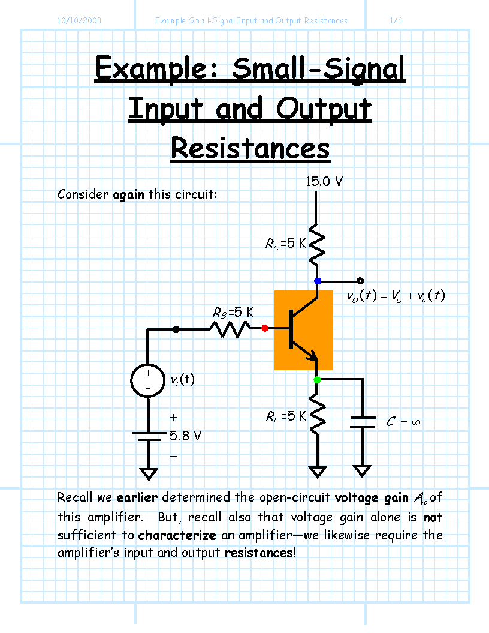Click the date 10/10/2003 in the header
click(x=79, y=20)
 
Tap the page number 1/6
click(x=396, y=20)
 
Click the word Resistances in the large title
click(x=250, y=149)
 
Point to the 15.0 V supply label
click(x=324, y=182)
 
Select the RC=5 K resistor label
click(x=286, y=244)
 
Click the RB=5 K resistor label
click(x=233, y=313)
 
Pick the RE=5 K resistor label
click(x=286, y=416)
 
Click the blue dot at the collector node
click(x=318, y=281)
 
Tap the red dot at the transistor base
click(x=265, y=328)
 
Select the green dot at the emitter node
click(x=317, y=380)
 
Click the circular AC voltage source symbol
click(x=148, y=380)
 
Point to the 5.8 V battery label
click(x=185, y=436)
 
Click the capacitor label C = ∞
click(x=403, y=422)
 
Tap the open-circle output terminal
click(x=360, y=281)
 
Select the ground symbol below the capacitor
click(x=362, y=471)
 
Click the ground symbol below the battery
click(x=149, y=474)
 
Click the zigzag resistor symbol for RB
click(x=230, y=329)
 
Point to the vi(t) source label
click(x=182, y=380)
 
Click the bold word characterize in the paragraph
click(x=177, y=535)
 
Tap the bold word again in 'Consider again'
click(x=129, y=195)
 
